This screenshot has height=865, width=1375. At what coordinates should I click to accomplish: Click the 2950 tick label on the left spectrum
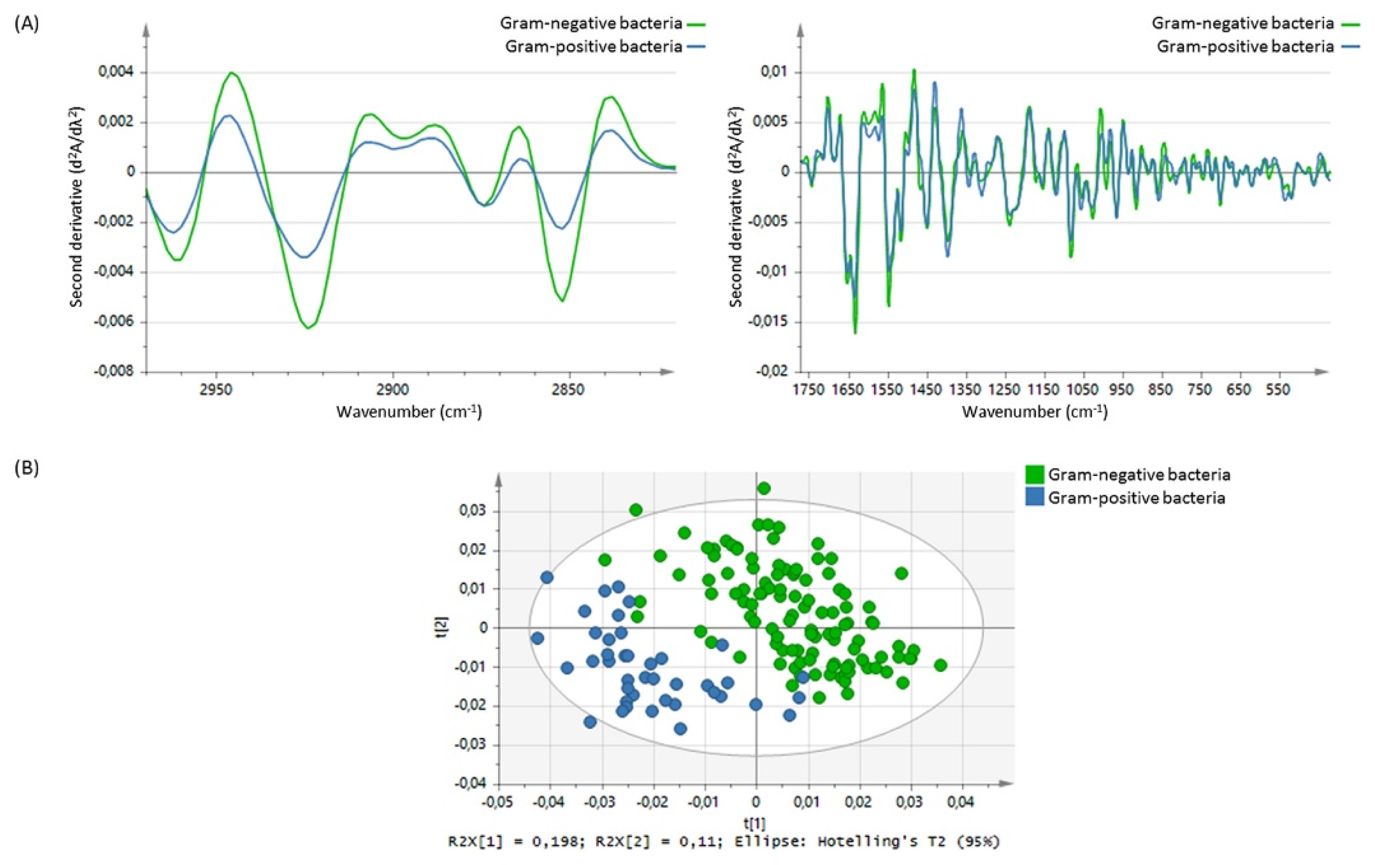click(216, 389)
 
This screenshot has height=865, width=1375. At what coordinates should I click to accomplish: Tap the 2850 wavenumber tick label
click(568, 389)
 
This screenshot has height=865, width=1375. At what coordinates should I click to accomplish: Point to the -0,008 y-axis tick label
click(114, 371)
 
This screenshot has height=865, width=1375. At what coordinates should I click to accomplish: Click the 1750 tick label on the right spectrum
click(809, 389)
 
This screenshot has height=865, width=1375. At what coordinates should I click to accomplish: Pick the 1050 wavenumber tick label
click(1083, 389)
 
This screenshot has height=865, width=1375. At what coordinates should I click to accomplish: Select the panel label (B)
click(27, 468)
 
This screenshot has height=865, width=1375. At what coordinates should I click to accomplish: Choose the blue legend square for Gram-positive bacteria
click(1035, 497)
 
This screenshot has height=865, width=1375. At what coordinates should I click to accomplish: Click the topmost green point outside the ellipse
click(764, 488)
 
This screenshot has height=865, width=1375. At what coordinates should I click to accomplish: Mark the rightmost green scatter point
click(941, 665)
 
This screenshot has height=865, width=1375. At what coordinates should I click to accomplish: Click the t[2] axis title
click(441, 627)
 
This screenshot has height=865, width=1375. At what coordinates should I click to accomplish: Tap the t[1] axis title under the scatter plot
click(754, 823)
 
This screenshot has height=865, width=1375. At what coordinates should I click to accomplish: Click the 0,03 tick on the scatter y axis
click(473, 510)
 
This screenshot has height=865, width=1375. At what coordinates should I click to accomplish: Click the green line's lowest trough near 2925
click(308, 328)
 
